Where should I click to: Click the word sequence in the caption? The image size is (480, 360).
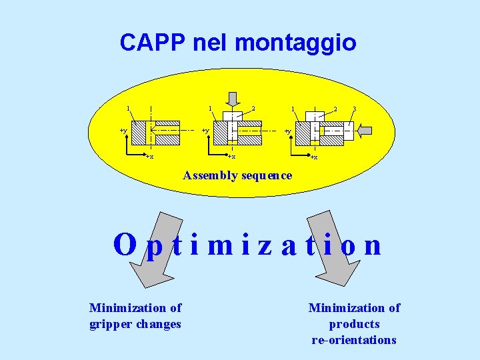pyautogui.click(x=268, y=176)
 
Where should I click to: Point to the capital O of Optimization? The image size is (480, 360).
pyautogui.click(x=125, y=245)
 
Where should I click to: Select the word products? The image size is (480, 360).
pyautogui.click(x=354, y=324)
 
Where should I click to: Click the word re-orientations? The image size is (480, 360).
pyautogui.click(x=354, y=340)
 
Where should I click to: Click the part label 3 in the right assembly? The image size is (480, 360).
pyautogui.click(x=354, y=109)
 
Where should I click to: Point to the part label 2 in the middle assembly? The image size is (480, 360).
pyautogui.click(x=253, y=109)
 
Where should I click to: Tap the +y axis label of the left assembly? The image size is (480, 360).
pyautogui.click(x=123, y=131)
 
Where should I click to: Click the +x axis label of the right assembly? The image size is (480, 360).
pyautogui.click(x=313, y=157)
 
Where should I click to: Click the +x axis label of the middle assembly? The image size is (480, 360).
pyautogui.click(x=231, y=157)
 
